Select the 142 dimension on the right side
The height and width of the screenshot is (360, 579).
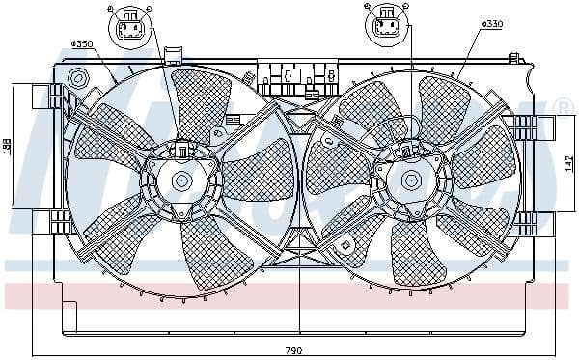click(x=569, y=163)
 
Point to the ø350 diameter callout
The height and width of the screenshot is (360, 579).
click(x=82, y=43)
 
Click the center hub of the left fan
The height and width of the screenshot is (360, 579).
click(x=180, y=180)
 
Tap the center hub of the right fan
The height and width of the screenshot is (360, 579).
click(x=411, y=179)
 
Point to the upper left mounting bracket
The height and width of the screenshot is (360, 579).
click(x=43, y=96)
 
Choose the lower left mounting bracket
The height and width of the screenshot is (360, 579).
click(x=43, y=220)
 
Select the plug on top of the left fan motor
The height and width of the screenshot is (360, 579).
click(x=182, y=150)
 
